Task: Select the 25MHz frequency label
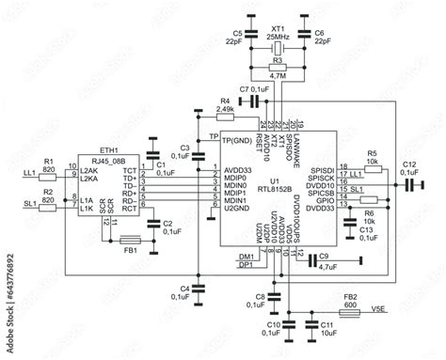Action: pos(277,35)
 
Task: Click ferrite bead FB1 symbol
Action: pos(131,239)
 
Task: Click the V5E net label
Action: pos(377,306)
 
